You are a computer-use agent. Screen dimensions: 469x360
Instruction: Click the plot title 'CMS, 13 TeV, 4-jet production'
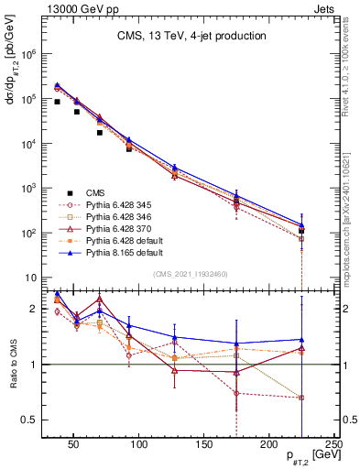coord(191,36)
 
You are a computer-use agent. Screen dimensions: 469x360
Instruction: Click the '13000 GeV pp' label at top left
coord(74,7)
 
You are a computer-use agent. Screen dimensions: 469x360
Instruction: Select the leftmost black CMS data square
coord(57,102)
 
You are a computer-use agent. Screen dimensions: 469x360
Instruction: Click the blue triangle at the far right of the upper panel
coord(301,224)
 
